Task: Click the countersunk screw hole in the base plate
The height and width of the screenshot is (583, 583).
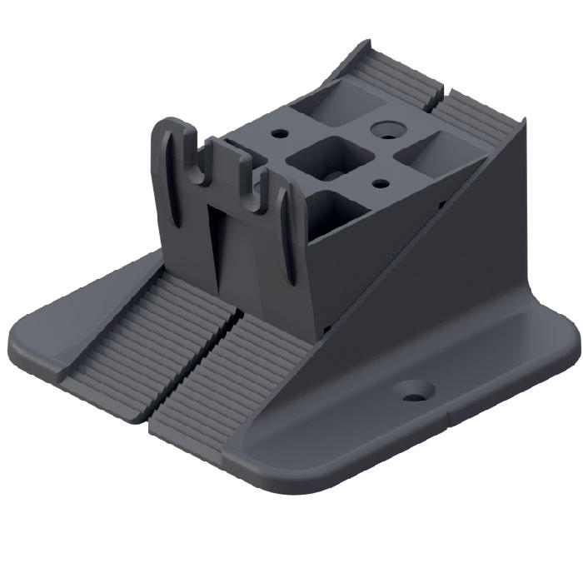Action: tap(414, 390)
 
